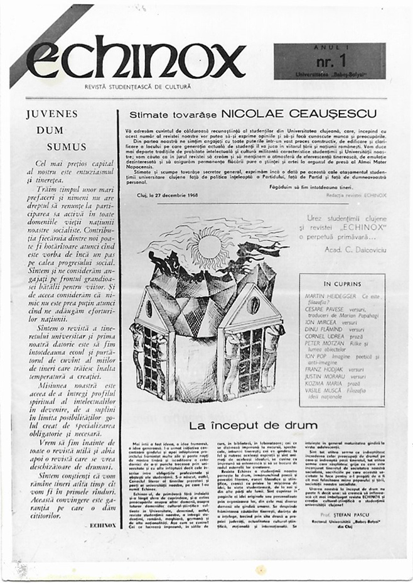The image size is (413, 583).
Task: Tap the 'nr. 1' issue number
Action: [x=328, y=61]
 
